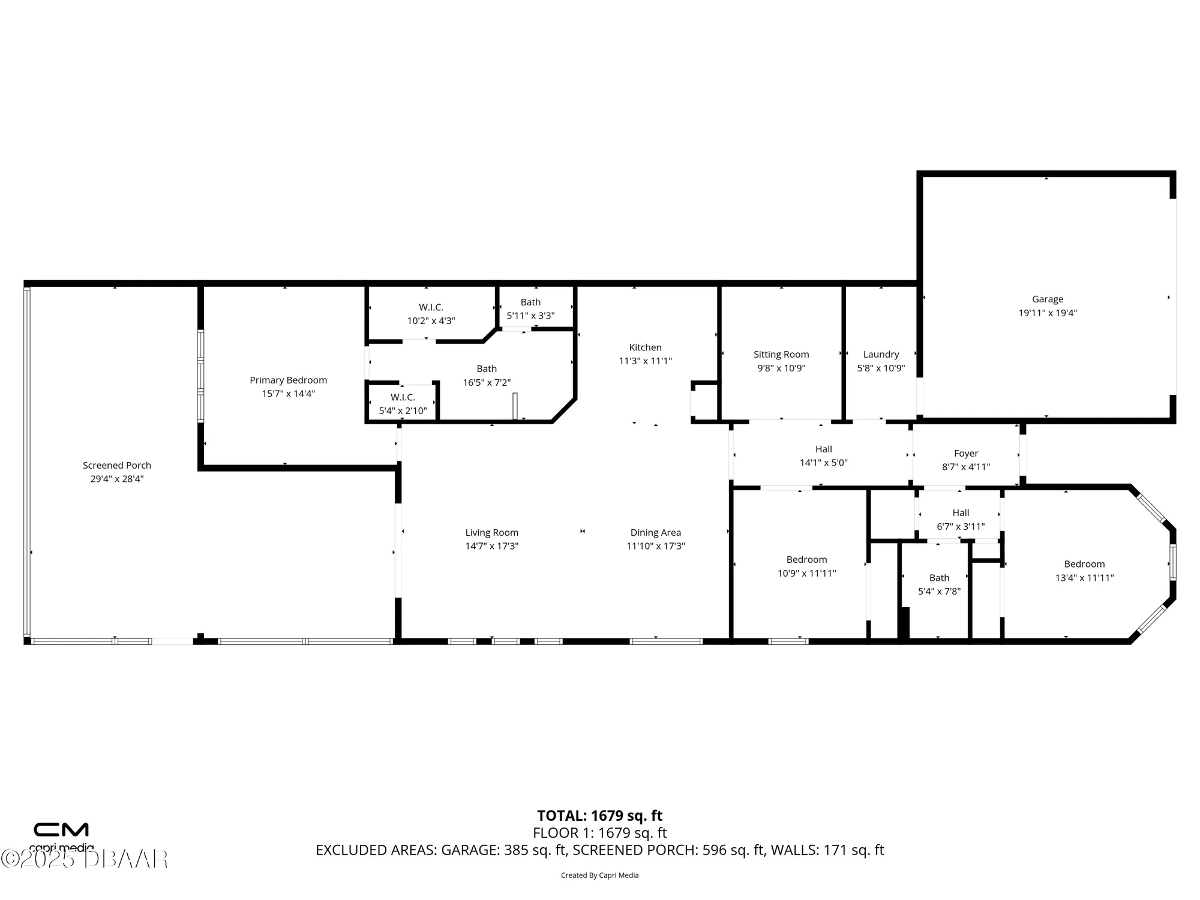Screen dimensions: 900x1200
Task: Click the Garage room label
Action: click(1048, 299)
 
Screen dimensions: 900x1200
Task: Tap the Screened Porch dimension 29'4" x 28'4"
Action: click(117, 479)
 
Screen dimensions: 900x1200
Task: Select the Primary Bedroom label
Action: click(288, 380)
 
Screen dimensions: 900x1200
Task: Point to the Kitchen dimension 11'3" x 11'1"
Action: click(645, 361)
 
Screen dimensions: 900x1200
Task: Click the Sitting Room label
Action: click(781, 354)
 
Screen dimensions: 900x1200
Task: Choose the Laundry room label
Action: click(881, 354)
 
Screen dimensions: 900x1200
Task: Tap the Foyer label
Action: click(966, 453)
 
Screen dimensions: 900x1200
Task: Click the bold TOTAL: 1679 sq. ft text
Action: click(599, 815)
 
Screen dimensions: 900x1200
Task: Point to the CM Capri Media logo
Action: click(61, 835)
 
